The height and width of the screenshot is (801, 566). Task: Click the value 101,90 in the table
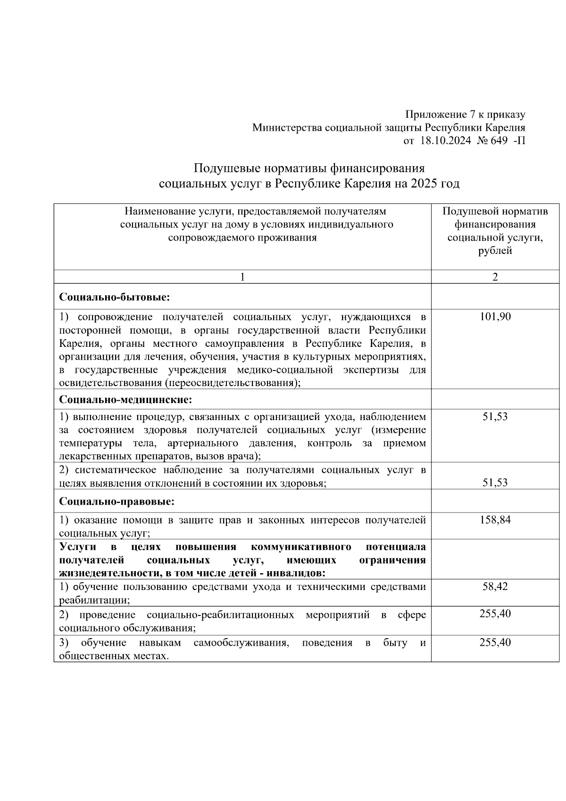[495, 317]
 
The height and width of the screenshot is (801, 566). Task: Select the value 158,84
[495, 520]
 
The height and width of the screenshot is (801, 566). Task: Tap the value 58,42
[495, 587]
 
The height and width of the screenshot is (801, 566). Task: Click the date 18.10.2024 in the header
[445, 141]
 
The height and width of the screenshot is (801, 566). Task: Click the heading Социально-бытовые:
[115, 297]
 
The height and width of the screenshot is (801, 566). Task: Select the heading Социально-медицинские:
[125, 400]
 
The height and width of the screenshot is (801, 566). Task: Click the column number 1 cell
[242, 277]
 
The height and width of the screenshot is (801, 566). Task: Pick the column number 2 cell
[495, 277]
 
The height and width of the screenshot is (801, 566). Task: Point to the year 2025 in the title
[424, 184]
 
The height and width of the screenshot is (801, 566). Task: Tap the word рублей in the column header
[495, 251]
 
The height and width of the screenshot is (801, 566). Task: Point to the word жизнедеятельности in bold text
[105, 573]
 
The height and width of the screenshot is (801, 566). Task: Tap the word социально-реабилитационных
[220, 616]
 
